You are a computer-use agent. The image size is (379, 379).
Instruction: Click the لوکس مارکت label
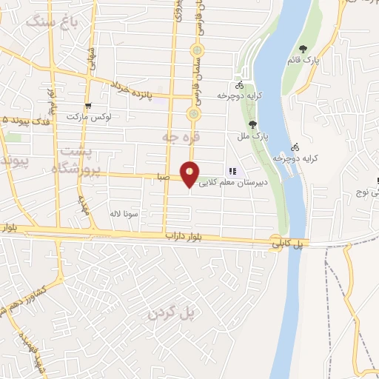click(x=87, y=117)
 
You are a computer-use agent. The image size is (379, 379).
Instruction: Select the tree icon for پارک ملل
click(x=253, y=124)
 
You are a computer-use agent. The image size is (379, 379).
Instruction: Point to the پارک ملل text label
click(x=255, y=137)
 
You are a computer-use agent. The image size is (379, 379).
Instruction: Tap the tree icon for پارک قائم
click(x=302, y=49)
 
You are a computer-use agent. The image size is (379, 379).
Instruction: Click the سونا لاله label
click(x=124, y=213)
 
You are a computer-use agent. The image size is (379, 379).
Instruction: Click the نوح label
click(x=367, y=193)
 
